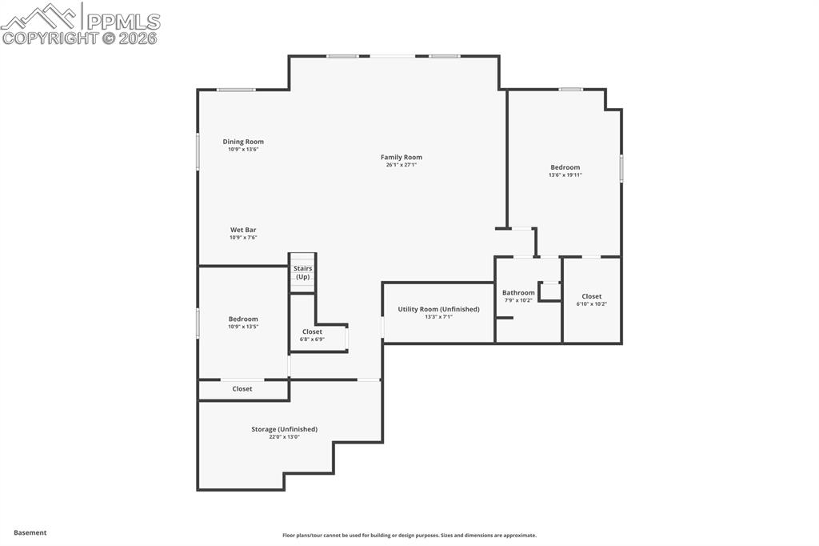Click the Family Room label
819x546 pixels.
coord(401,157)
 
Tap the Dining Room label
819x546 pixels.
coord(243,142)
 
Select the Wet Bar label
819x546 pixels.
coord(243,230)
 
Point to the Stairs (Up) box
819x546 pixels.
coord(302,273)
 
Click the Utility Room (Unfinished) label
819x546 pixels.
coord(438,309)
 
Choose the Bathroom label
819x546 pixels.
coord(518,293)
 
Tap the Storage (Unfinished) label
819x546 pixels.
coord(284,429)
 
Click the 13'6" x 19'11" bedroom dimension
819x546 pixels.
coord(565,175)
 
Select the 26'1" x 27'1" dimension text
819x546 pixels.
coord(401,164)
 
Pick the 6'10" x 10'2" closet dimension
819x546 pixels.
coord(591,303)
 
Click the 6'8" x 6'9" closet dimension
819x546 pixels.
coord(312,339)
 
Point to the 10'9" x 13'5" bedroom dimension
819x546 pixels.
coord(243,327)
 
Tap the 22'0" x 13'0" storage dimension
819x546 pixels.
coord(284,437)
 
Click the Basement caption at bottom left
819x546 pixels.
coord(30,532)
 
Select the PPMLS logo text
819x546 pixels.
coord(122,21)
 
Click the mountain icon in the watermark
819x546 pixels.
coord(40,16)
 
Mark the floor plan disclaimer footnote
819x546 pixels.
coord(409,536)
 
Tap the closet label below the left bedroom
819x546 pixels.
coord(242,389)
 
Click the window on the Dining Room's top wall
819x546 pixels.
coord(236,90)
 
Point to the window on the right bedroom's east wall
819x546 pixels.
coord(621,168)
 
